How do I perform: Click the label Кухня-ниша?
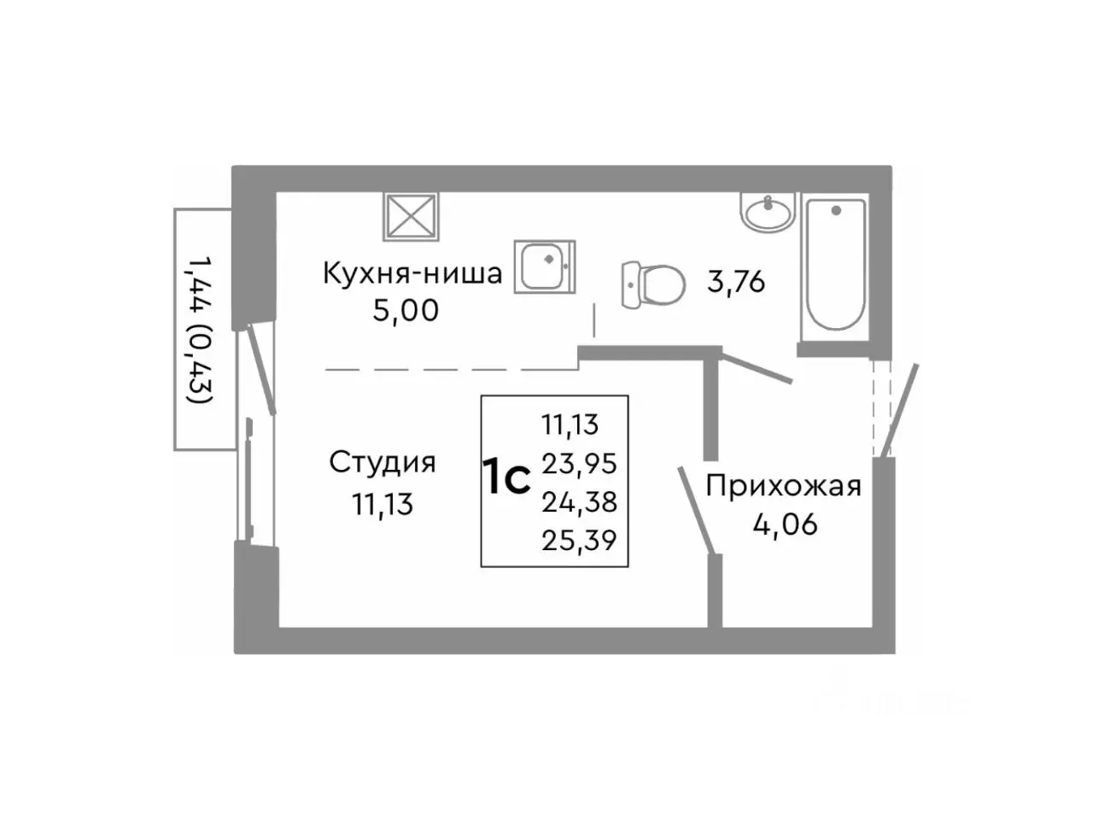(412, 273)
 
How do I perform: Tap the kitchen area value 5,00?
(405, 310)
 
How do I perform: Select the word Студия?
(382, 462)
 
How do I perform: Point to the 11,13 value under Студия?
(382, 504)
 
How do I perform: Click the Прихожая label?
(783, 486)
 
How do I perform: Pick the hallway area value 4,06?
(785, 524)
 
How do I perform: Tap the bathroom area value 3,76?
(735, 281)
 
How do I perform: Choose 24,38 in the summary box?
(579, 501)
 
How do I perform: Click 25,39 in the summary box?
(579, 540)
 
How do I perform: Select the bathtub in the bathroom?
(836, 264)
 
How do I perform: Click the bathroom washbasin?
(768, 211)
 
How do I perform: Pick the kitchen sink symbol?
(545, 266)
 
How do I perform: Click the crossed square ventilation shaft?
(410, 218)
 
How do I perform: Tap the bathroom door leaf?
(757, 368)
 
